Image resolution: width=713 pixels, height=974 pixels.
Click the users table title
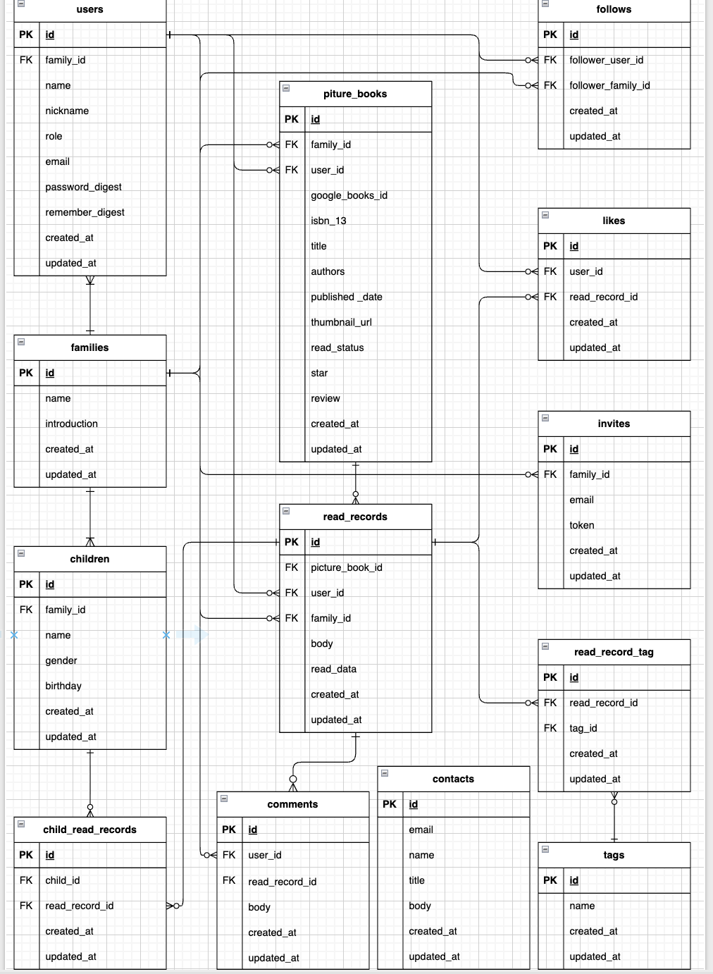(89, 10)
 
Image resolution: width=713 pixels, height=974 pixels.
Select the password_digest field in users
(83, 187)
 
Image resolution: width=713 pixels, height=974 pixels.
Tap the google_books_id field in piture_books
(349, 195)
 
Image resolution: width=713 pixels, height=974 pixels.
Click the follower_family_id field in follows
(609, 85)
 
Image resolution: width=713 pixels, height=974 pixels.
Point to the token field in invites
(581, 525)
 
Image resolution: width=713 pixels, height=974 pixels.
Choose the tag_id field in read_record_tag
(583, 728)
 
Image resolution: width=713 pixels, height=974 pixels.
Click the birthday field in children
(63, 686)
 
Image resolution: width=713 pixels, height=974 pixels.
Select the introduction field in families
(71, 424)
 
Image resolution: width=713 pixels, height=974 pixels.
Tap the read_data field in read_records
(333, 669)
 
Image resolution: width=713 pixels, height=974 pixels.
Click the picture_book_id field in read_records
(346, 567)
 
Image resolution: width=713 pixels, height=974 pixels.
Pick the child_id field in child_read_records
(63, 880)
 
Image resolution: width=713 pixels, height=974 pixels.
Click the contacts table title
(453, 779)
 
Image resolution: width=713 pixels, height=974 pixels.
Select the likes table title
(614, 221)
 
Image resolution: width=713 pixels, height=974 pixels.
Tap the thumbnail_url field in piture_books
(341, 322)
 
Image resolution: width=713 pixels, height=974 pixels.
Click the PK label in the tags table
(550, 880)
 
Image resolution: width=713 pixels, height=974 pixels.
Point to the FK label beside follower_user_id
(550, 60)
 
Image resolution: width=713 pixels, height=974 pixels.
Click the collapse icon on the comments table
(224, 799)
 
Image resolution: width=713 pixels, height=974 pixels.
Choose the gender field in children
(61, 660)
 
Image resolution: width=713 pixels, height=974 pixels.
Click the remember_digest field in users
(85, 212)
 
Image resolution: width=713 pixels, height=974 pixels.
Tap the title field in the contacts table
(416, 880)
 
